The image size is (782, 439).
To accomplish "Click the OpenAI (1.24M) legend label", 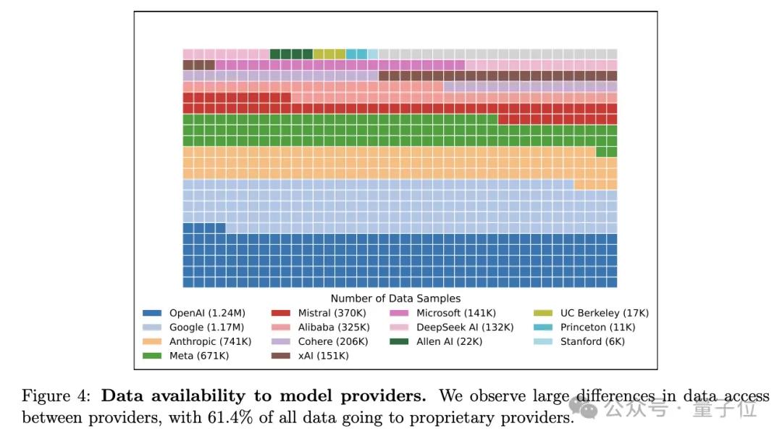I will coord(207,314).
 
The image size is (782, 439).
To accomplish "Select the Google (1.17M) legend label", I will coord(206,327).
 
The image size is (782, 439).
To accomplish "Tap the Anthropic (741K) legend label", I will coord(210,341).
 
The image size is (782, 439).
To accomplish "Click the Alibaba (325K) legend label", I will coord(333,327).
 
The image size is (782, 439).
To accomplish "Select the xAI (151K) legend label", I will coord(323,356).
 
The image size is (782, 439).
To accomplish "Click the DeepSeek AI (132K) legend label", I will coord(465,327).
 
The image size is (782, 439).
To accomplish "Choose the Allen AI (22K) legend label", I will coord(449,341).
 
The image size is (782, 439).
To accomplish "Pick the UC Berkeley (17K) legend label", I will coord(605,314).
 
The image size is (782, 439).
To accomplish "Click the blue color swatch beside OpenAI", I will coord(152,314).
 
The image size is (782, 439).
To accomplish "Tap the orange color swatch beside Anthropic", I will coord(152,341).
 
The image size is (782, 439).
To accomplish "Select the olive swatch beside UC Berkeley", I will coord(543,314).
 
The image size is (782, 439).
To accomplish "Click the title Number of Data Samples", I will coord(395,298).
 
